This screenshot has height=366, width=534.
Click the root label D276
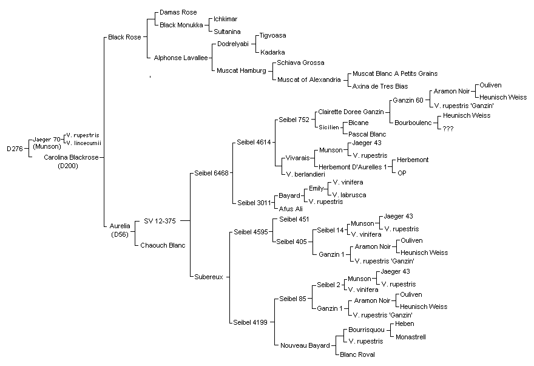click(15, 149)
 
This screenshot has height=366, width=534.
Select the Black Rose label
click(124, 37)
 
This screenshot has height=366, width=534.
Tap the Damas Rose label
click(178, 12)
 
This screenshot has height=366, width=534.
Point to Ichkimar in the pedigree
click(226, 19)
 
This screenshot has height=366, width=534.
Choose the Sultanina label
click(227, 32)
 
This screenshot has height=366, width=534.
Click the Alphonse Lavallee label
click(180, 58)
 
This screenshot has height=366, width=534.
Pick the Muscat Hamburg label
click(241, 70)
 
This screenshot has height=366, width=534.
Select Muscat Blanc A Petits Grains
click(395, 73)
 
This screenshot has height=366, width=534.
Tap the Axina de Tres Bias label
click(380, 86)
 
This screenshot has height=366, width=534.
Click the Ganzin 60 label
click(408, 100)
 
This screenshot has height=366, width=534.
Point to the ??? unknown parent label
click(448, 129)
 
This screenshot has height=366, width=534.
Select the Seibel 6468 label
click(212, 173)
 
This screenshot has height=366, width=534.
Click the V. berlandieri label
click(305, 174)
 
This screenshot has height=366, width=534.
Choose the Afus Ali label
click(291, 209)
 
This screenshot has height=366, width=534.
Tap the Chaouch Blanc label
click(163, 245)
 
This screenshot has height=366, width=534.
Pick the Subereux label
click(208, 277)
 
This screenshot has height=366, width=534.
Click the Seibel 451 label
click(294, 219)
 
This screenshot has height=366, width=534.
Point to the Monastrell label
click(411, 337)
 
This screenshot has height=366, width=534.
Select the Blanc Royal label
click(357, 354)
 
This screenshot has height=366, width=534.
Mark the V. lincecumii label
click(84, 143)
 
